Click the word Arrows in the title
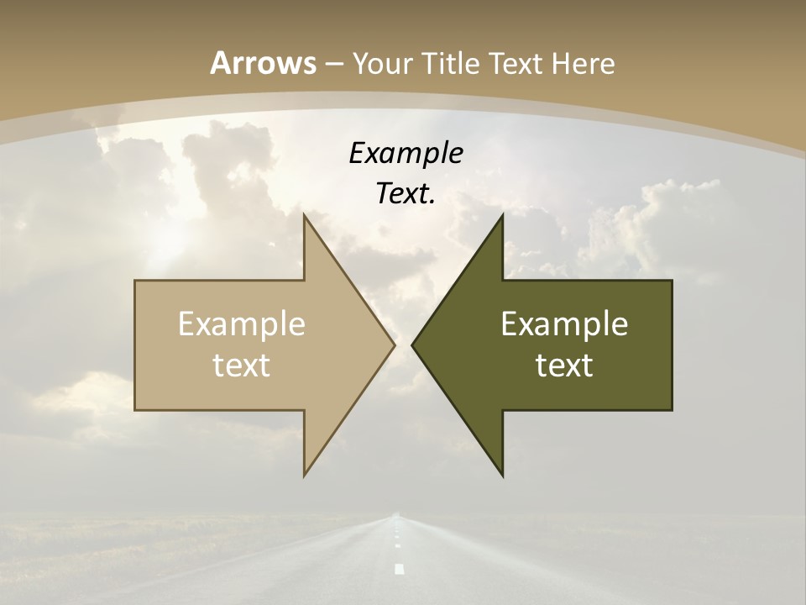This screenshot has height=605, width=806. tap(263, 63)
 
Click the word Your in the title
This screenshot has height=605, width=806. tap(383, 63)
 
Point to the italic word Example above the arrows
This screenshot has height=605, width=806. tap(406, 154)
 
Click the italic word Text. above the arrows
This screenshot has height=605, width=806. tap(406, 194)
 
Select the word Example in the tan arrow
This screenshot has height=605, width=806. tap(242, 324)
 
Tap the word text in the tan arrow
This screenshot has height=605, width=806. tap(242, 366)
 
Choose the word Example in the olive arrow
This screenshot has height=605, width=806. tap(564, 324)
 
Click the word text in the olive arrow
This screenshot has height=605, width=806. tap(564, 366)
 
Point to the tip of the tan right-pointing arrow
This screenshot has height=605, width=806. tap(395, 345)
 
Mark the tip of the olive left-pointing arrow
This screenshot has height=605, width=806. tap(412, 345)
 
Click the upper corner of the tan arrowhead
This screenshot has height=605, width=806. tap(304, 214)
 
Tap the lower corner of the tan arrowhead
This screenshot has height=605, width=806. tap(304, 476)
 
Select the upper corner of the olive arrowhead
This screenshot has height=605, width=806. tap(503, 214)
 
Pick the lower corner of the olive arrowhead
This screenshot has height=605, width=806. tap(503, 476)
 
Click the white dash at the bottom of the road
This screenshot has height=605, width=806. tap(399, 569)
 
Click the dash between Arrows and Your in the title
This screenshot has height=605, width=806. tap(333, 64)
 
